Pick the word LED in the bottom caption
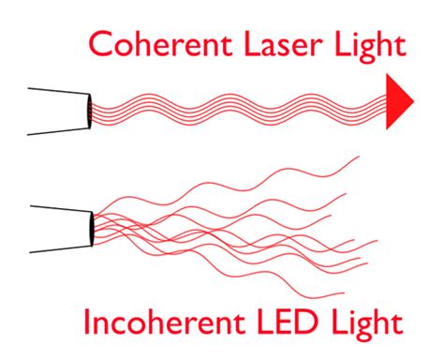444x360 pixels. click(302, 323)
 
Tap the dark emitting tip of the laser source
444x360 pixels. click(87, 110)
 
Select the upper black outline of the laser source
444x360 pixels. click(56, 92)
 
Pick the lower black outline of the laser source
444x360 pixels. click(56, 129)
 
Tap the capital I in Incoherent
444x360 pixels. click(88, 323)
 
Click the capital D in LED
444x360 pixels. click(319, 323)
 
